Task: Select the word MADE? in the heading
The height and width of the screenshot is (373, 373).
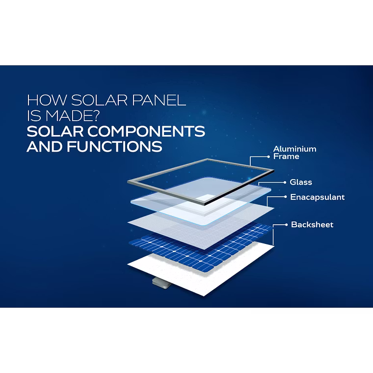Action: [x=72, y=115]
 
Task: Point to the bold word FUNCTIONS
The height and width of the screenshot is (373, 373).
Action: [x=114, y=146]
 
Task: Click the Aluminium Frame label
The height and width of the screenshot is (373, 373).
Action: [x=295, y=153]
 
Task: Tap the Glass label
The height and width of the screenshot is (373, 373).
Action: [x=301, y=182]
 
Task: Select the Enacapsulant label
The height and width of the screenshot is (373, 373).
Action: [x=318, y=197]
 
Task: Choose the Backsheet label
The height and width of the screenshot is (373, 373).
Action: [x=312, y=225]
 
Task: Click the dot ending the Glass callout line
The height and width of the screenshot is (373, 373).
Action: [x=285, y=183]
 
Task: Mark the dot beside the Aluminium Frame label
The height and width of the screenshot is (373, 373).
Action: [x=268, y=157]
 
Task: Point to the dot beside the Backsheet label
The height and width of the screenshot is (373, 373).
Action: [x=286, y=225]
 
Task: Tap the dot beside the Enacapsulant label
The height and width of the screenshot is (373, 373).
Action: [x=286, y=197]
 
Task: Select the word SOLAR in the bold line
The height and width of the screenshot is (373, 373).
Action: [x=55, y=131]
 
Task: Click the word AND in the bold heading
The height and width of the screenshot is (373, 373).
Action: [x=45, y=146]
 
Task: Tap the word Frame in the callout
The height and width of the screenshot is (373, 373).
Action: [x=286, y=156]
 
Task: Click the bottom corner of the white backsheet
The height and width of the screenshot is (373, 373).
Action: [x=204, y=296]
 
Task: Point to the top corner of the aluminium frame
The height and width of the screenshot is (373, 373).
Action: [x=207, y=159]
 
